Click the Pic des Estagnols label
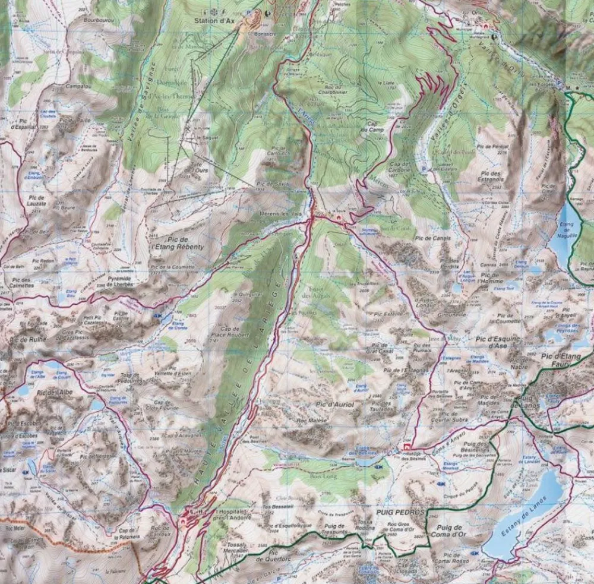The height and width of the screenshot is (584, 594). [x=489, y=176]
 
